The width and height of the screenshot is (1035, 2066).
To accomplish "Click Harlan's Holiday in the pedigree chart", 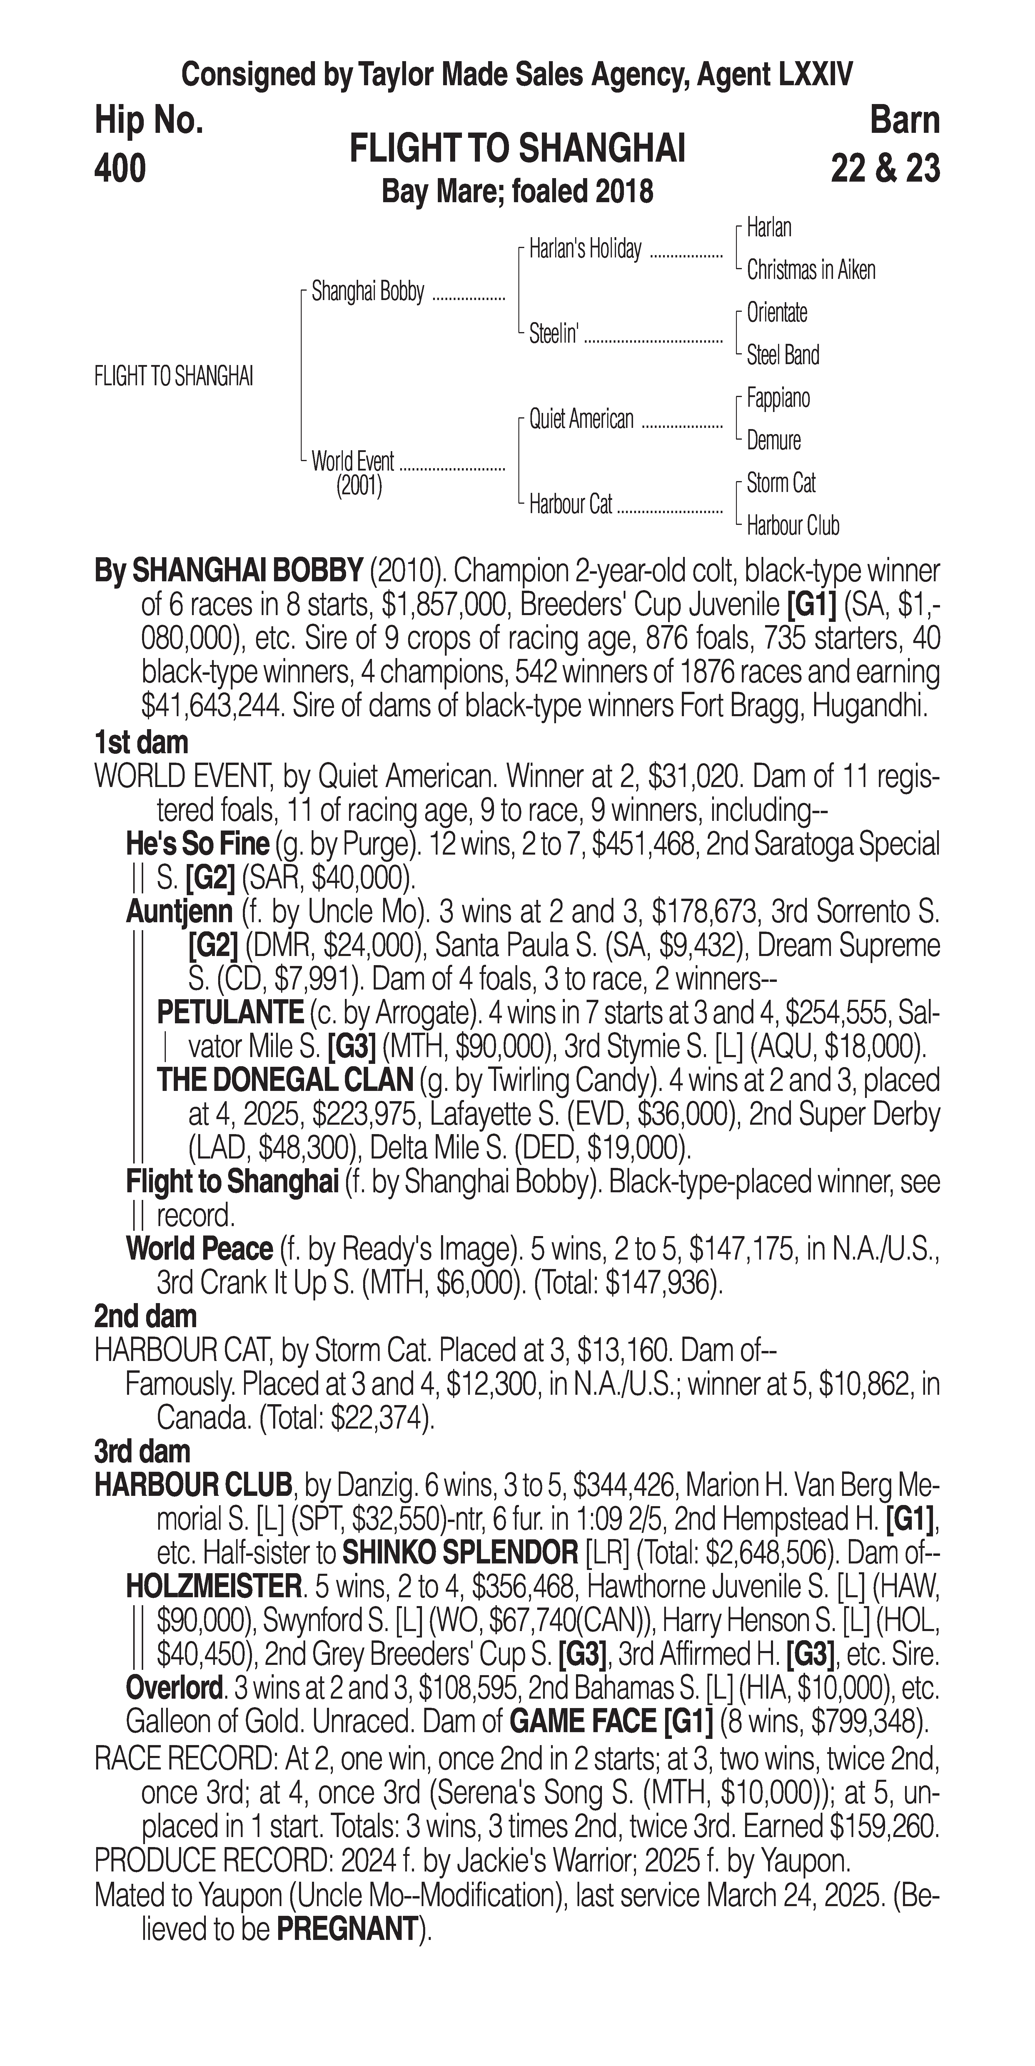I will [x=585, y=250].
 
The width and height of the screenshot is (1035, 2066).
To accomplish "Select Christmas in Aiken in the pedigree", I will [x=810, y=270].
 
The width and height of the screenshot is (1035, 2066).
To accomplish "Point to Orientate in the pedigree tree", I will [x=777, y=313].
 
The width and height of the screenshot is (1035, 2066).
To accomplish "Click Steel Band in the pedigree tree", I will [x=782, y=355].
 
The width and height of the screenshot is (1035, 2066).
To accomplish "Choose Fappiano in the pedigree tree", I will [x=777, y=398].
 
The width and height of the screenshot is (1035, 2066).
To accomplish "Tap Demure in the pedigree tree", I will [x=773, y=440].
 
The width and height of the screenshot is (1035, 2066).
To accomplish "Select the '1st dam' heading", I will [x=141, y=743].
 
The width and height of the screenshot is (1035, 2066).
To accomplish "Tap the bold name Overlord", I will [x=173, y=1688].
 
